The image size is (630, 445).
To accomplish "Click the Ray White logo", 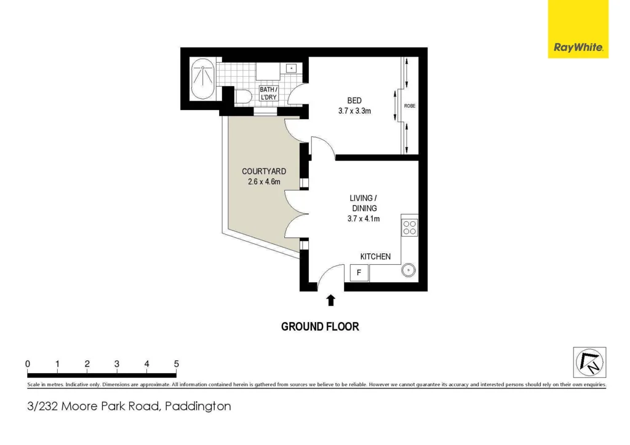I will pos(578,47).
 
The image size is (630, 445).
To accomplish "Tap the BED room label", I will pos(354,101).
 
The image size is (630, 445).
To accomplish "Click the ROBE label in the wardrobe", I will pos(409,106).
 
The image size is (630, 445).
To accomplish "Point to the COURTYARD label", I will pos(264,171).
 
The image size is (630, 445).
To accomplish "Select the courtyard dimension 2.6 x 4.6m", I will pos(264,181).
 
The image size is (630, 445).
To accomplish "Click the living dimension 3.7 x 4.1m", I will pos(363,218).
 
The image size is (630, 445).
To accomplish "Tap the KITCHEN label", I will pos(375,256).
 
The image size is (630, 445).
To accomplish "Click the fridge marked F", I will pos(359,272).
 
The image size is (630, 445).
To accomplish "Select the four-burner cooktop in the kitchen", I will pos(410,227).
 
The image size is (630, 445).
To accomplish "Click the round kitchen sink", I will pos(409,270).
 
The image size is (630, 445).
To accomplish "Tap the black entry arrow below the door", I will pos(331,300).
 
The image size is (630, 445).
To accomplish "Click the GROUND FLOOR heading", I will pos(320,326).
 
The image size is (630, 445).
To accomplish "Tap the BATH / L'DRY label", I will pos(268,93).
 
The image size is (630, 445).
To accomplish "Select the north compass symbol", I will pos(589,362).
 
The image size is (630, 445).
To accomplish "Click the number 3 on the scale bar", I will pos(117,364).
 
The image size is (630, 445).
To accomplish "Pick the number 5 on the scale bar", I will pos(177,364).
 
